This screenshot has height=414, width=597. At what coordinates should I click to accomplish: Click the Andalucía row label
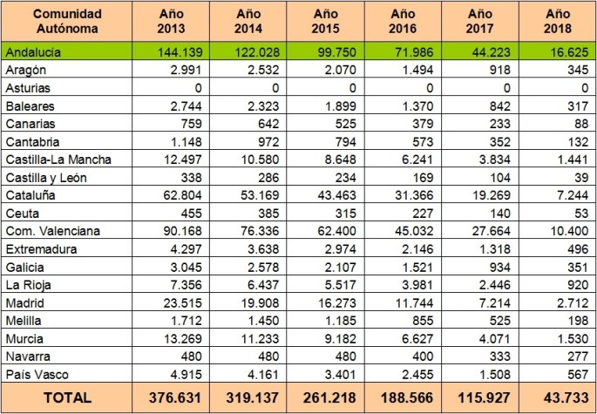36,51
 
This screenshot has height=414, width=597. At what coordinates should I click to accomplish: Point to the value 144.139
178,51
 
